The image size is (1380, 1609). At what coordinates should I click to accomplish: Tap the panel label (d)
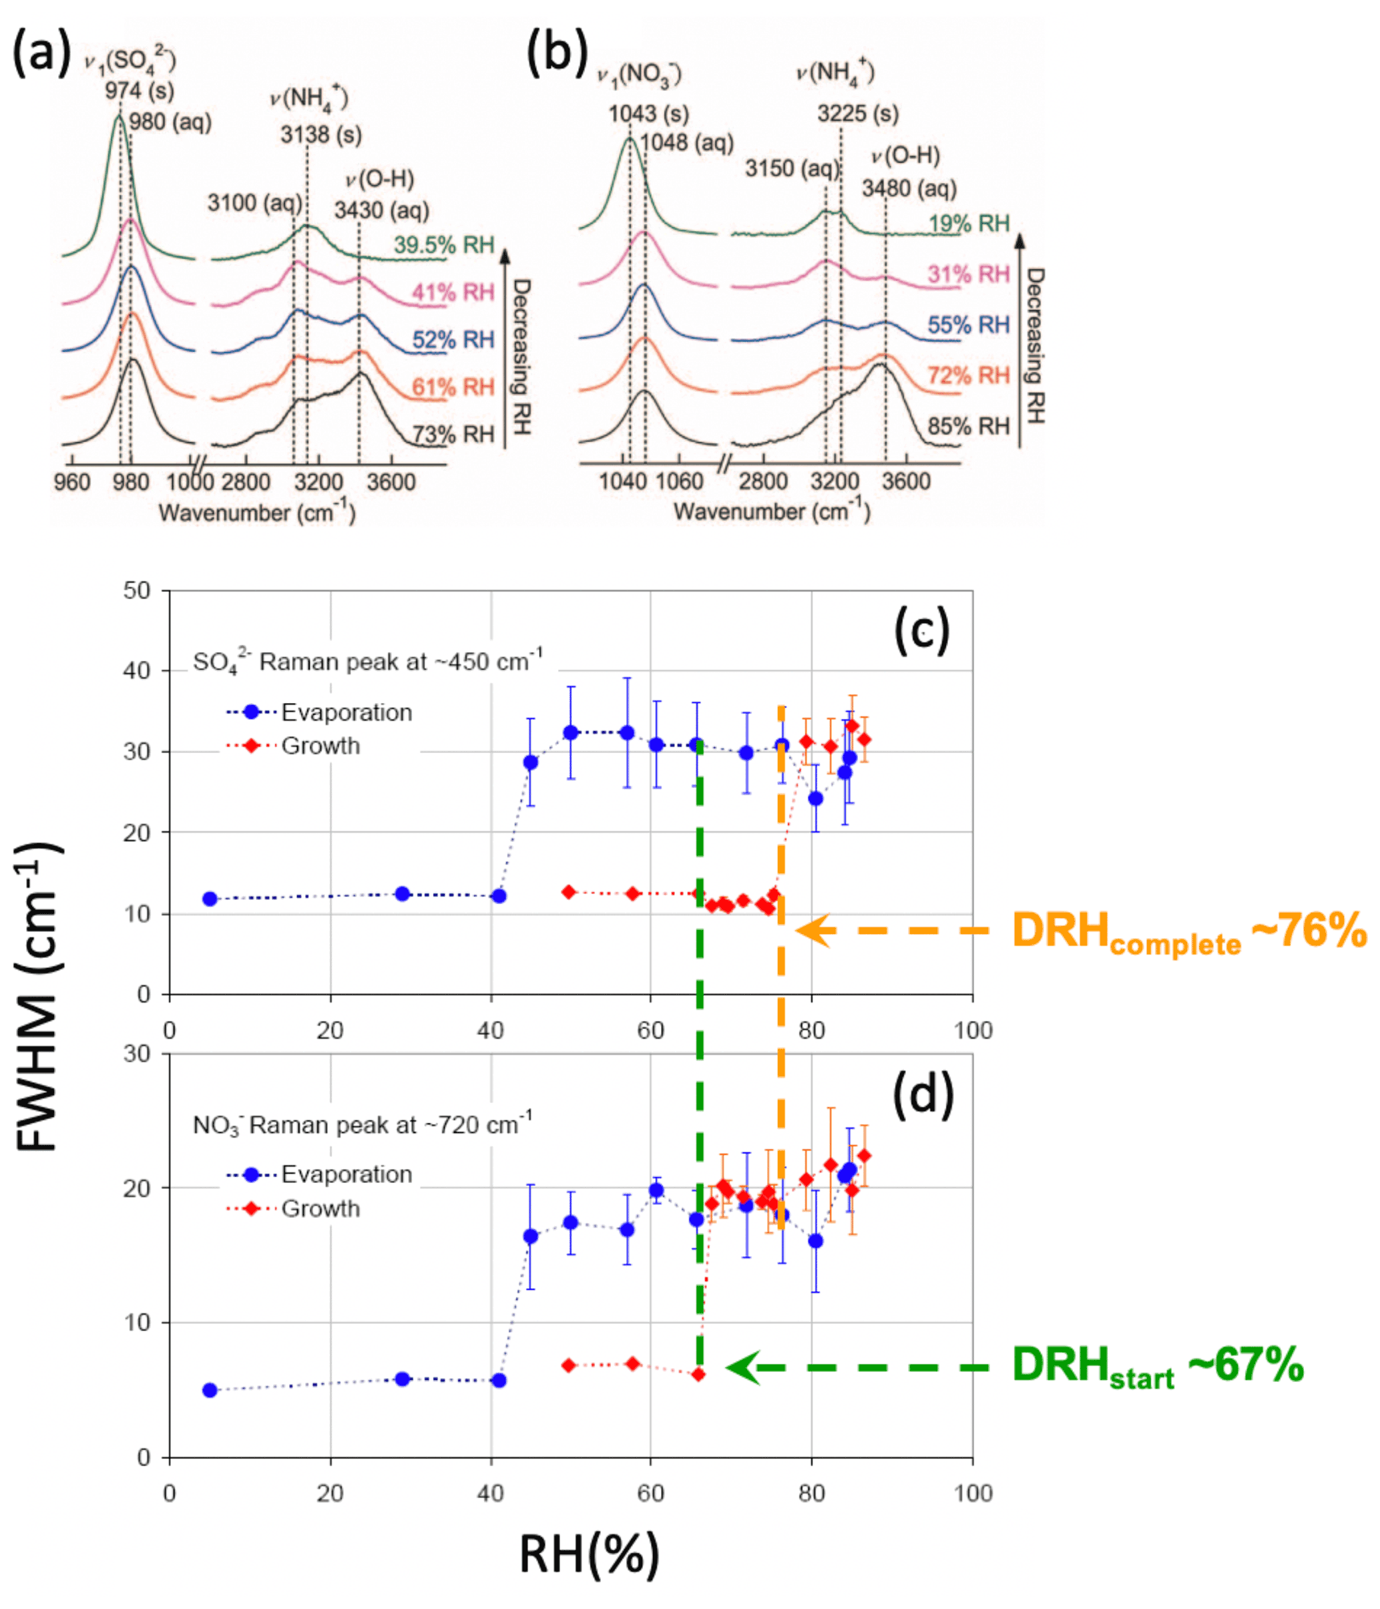(922, 1094)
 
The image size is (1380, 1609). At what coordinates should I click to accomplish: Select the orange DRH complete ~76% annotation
(1188, 931)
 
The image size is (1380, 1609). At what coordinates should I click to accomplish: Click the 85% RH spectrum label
(967, 427)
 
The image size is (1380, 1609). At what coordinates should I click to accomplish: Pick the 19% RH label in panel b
(969, 224)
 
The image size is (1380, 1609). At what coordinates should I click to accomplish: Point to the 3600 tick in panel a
(391, 482)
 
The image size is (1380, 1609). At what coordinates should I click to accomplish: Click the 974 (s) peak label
(140, 91)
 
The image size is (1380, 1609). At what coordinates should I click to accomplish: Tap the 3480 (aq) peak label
(909, 189)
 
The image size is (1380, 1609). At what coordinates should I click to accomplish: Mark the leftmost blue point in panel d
(210, 1391)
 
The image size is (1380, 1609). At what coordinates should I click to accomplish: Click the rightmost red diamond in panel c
(863, 739)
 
